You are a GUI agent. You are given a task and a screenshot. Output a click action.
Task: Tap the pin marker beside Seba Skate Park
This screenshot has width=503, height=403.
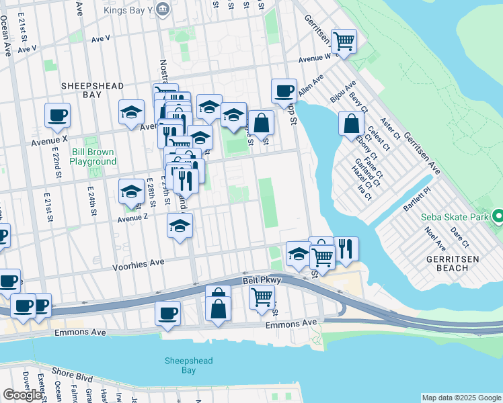click(498, 217)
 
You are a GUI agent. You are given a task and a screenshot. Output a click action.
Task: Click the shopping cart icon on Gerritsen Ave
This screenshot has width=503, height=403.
click(344, 41)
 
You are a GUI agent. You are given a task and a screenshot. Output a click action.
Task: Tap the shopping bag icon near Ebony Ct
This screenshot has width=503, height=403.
click(351, 124)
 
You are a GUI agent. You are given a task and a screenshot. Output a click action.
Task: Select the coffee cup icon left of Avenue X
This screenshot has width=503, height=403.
click(58, 114)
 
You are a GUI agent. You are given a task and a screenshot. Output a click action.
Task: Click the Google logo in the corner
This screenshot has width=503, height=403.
click(22, 395)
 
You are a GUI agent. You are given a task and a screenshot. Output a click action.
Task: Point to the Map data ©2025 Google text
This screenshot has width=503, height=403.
click(461, 398)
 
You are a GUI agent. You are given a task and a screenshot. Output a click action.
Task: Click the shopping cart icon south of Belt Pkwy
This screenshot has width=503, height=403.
click(262, 296)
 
